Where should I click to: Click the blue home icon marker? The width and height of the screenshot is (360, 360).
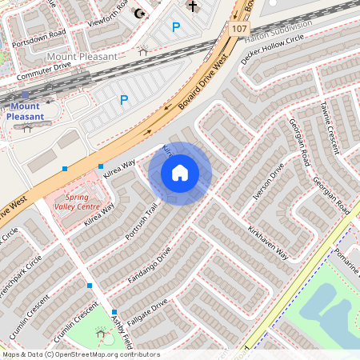pyautogui.click(x=180, y=173)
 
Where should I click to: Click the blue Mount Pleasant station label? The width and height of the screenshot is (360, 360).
pyautogui.click(x=25, y=110)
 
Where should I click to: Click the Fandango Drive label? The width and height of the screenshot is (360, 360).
pyautogui.click(x=150, y=267)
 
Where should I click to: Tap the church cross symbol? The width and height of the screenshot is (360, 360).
pyautogui.click(x=192, y=7)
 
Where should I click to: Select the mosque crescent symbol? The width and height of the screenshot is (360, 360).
pyautogui.click(x=142, y=13)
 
